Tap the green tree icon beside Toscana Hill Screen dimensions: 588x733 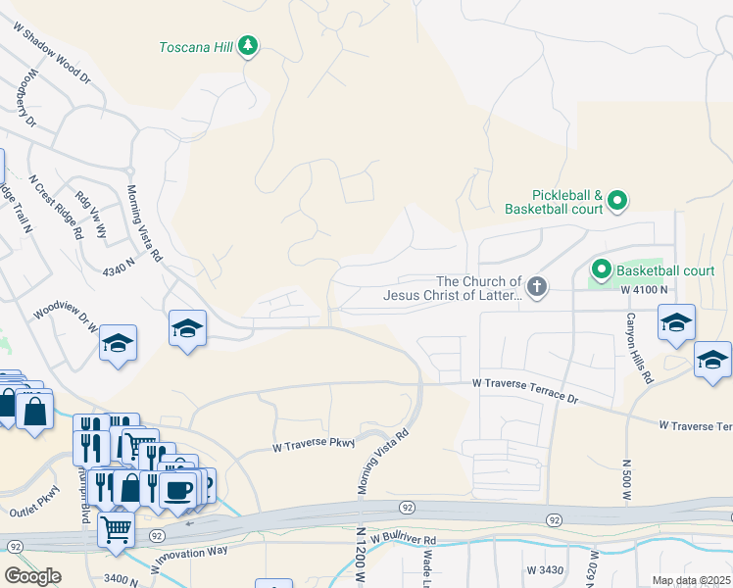click(249, 46)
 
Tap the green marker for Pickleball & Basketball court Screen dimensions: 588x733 click(616, 202)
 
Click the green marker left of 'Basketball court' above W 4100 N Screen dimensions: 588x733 click(601, 269)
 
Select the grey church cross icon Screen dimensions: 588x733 click(535, 287)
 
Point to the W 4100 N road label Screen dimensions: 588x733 click(644, 290)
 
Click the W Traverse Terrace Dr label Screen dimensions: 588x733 click(525, 387)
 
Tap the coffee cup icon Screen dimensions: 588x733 click(177, 490)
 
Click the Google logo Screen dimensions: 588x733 click(32, 576)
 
